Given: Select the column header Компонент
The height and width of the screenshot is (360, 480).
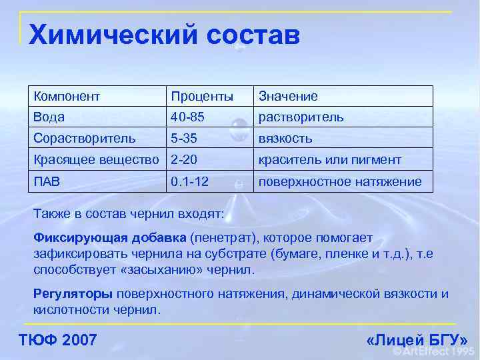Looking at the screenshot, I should click(67, 96).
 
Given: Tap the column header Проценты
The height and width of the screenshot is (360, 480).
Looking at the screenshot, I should click(202, 96).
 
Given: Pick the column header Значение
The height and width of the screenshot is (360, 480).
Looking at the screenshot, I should click(288, 96).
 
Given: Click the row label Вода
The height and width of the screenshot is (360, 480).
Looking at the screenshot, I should click(49, 117).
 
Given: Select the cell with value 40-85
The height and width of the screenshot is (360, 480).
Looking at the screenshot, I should click(187, 117).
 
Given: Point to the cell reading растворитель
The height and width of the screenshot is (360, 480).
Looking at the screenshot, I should click(301, 117).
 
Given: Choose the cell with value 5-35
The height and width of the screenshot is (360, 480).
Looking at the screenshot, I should click(184, 139).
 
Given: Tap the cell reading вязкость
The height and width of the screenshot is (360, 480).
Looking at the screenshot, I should click(285, 139).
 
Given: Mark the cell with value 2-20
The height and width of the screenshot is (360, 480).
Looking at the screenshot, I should click(184, 160).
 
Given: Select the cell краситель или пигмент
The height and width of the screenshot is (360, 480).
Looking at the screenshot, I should click(330, 160).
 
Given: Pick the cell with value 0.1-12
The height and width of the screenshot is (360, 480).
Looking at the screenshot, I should click(190, 181).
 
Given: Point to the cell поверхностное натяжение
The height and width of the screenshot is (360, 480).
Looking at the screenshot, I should click(340, 181).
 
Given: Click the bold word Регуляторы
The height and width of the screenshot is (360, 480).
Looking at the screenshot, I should click(73, 294).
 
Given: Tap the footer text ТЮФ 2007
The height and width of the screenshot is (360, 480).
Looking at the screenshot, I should click(59, 341).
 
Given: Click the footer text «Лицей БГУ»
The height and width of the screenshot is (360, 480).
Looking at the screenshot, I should click(417, 341).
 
